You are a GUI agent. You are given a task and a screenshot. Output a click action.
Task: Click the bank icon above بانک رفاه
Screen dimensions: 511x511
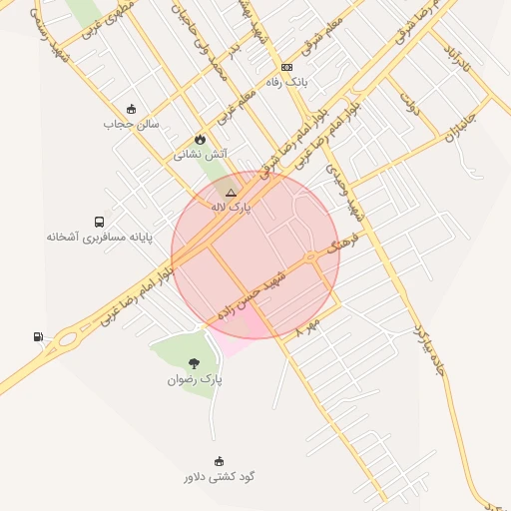click(287, 68)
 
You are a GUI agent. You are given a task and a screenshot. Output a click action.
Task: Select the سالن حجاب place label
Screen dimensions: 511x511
click(131, 125)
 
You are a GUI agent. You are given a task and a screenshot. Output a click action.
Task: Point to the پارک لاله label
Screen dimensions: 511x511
click(232, 207)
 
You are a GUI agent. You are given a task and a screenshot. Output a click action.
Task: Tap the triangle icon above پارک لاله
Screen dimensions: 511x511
click(232, 192)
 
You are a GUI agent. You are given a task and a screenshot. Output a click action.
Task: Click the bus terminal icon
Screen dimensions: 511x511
click(99, 222)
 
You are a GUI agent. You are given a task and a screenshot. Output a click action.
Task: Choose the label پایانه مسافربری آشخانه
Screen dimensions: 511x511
click(89, 237)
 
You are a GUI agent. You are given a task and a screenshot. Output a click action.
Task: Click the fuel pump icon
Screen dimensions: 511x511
click(39, 336)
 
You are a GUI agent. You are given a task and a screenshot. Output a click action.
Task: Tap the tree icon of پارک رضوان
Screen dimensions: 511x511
click(194, 364)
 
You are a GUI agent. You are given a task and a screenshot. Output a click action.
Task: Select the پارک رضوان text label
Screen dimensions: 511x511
click(195, 379)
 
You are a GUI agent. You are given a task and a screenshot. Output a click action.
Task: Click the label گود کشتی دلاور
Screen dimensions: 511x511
click(220, 476)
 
